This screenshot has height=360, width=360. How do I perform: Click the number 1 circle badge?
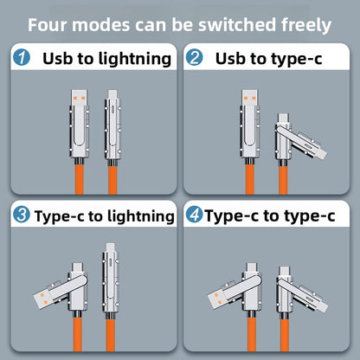[x=22, y=57]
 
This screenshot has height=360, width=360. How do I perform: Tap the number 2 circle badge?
[x=194, y=57]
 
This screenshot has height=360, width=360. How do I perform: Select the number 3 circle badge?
[x=22, y=215]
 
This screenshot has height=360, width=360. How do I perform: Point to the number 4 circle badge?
[x=194, y=215]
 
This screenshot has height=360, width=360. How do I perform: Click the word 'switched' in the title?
[x=237, y=25]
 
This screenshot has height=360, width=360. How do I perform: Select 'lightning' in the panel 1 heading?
[x=135, y=59]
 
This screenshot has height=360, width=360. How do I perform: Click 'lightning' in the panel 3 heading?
[x=138, y=216]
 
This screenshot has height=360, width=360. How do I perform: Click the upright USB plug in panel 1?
[x=80, y=98]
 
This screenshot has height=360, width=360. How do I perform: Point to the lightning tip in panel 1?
[x=112, y=94]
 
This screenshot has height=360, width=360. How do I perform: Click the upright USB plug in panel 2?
[x=249, y=98]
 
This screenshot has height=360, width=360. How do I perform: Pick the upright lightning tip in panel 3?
[x=110, y=247]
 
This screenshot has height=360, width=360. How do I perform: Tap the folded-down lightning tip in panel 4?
[x=322, y=305]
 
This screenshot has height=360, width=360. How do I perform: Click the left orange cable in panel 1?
[x=80, y=179]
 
